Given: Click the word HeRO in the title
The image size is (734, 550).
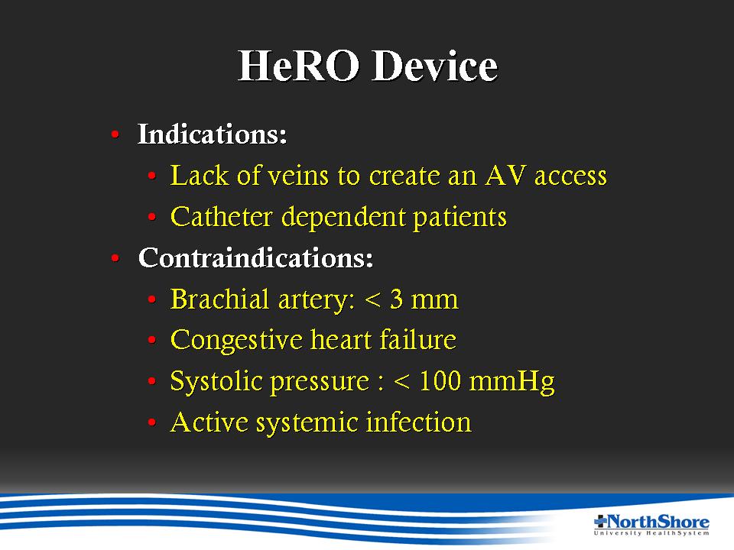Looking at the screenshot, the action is coord(298,66).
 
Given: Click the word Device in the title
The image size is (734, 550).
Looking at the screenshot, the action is coord(435,66).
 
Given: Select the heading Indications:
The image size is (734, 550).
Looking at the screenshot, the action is coord(212,134).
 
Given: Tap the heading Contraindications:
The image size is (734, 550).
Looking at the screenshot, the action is coord(255,257).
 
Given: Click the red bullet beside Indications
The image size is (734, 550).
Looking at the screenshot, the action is coord(115,135).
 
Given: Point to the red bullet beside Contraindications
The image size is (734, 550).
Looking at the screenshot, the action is coord(115,258).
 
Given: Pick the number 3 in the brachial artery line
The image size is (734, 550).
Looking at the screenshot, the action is coord(396,299).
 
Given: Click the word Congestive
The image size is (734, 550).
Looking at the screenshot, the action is coord(236,341).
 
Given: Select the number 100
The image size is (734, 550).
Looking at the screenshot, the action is coord(440,381).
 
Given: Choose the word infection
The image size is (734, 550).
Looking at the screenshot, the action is coord(418,422).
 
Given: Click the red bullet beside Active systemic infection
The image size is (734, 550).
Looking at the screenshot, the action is coord(151,422).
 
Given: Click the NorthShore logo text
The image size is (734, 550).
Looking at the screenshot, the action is coord(658,522).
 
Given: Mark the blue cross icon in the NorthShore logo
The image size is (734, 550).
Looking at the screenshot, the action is coord(600,521).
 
